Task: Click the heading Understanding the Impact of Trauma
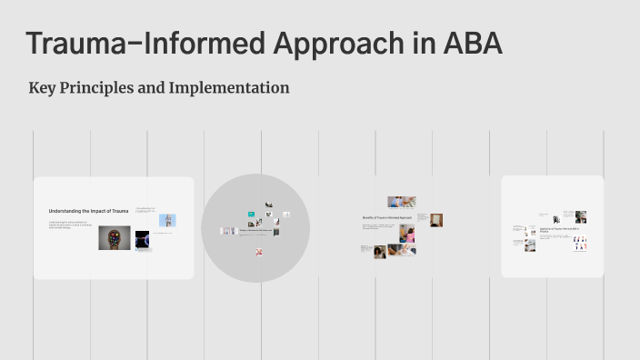tap(89, 211)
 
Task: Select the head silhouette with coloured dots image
tap(115, 237)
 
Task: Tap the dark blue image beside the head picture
tap(143, 239)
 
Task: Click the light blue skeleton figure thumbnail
tap(167, 220)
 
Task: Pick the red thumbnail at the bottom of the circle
tap(259, 252)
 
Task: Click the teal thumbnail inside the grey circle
tap(251, 215)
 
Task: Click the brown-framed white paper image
tap(437, 220)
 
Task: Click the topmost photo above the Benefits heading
tap(401, 201)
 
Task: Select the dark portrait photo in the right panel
tap(580, 216)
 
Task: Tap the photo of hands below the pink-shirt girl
tap(402, 250)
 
